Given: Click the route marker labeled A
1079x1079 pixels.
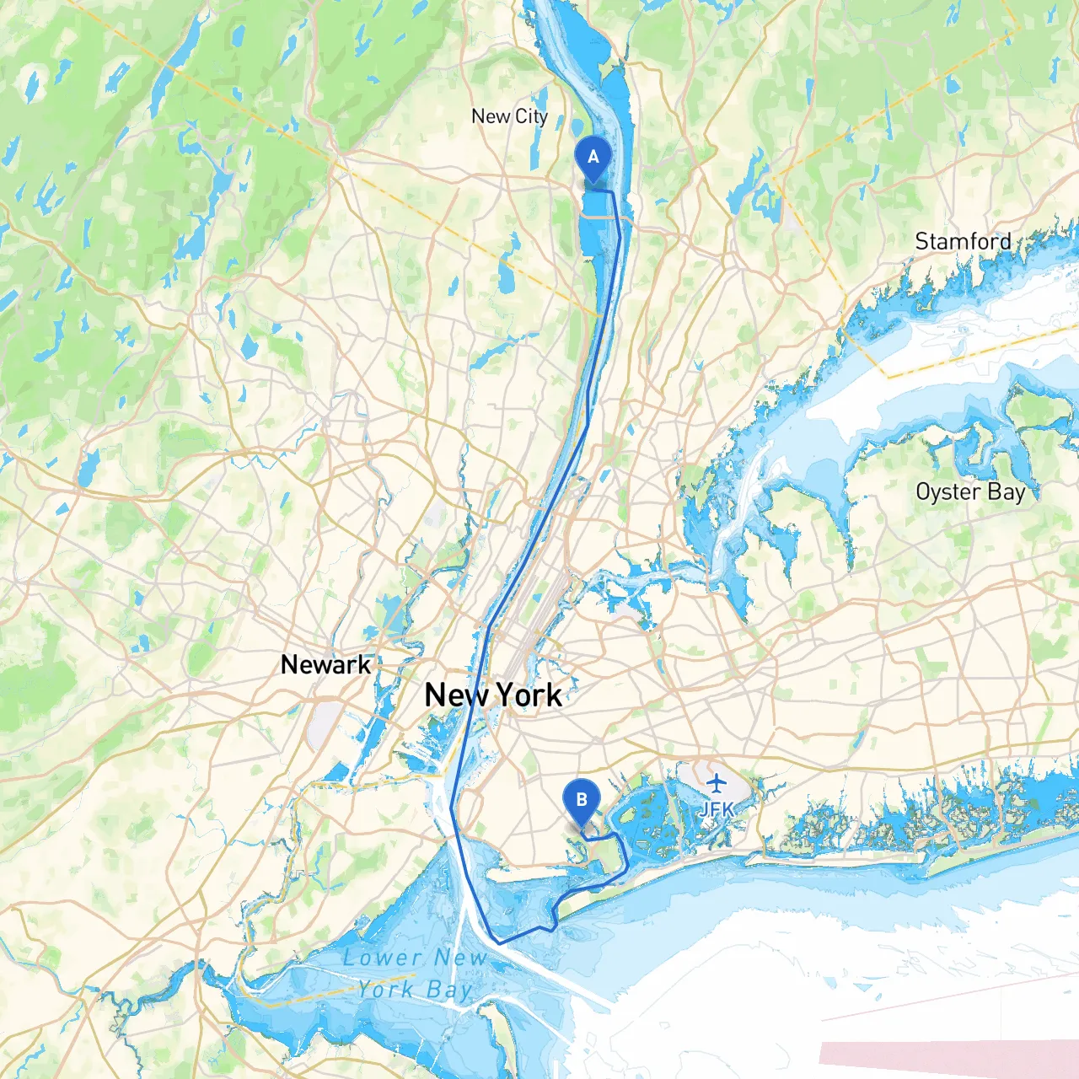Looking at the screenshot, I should pyautogui.click(x=593, y=158).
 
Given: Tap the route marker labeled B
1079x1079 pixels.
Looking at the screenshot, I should pyautogui.click(x=582, y=801).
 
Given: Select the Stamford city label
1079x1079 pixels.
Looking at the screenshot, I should pyautogui.click(x=963, y=241).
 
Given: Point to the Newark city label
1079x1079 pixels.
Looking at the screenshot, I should pyautogui.click(x=325, y=664).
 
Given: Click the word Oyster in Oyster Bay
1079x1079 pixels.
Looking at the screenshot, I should pyautogui.click(x=947, y=491).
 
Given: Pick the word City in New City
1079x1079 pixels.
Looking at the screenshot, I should pyautogui.click(x=531, y=116).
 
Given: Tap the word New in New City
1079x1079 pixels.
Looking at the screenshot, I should pyautogui.click(x=491, y=116).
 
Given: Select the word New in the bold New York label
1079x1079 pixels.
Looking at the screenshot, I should pyautogui.click(x=456, y=695).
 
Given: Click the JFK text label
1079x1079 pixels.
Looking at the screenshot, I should pyautogui.click(x=717, y=809).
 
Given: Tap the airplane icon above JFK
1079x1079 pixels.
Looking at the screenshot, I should pyautogui.click(x=717, y=784).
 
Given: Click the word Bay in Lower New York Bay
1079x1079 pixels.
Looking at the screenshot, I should pyautogui.click(x=448, y=990).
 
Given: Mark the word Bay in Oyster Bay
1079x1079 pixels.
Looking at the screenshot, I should pyautogui.click(x=1007, y=492).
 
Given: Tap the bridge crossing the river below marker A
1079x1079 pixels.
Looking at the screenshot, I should pyautogui.click(x=600, y=217).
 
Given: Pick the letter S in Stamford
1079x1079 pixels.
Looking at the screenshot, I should pyautogui.click(x=923, y=241).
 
